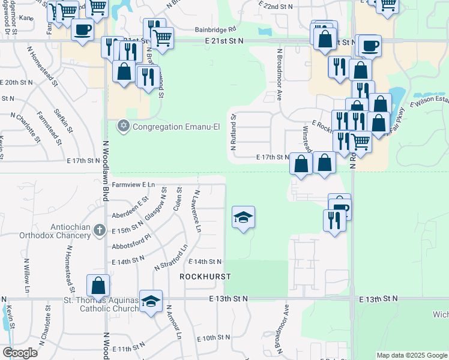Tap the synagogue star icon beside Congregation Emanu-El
[x=123, y=126]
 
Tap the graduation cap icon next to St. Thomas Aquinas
[x=151, y=302]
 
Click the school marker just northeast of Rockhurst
[x=243, y=217]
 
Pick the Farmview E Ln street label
[x=133, y=185]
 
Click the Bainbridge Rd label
[x=215, y=29]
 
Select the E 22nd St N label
[x=276, y=6]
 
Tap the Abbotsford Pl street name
[x=130, y=245]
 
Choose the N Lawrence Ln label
[x=196, y=208]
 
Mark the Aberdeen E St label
[x=130, y=208]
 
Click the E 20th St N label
[x=17, y=82]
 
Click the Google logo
[x=20, y=352]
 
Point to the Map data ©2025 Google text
[x=411, y=355]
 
